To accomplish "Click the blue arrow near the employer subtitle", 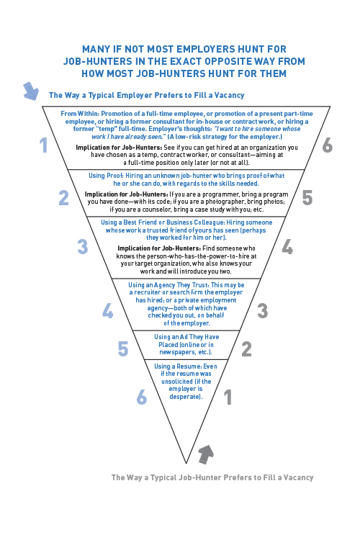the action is (31, 91).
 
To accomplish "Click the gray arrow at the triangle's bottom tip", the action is (206, 454).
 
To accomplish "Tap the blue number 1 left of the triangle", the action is (43, 145).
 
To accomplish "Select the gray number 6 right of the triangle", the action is (328, 145).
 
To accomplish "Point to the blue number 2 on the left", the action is (64, 198).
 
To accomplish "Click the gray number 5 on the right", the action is (307, 198).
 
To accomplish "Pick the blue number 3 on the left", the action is (83, 246).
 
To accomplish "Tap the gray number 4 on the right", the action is (288, 246).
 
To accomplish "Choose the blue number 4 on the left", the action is (108, 310).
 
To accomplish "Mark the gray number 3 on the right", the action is (263, 310).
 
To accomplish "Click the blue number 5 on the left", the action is (123, 349).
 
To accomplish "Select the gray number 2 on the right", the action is (246, 349).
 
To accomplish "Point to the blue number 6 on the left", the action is (142, 397).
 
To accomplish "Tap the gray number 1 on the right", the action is (228, 397).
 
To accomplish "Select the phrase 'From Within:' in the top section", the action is (80, 114).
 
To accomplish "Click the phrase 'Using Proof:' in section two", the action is (106, 176).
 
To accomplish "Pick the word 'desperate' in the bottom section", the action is (184, 397).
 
